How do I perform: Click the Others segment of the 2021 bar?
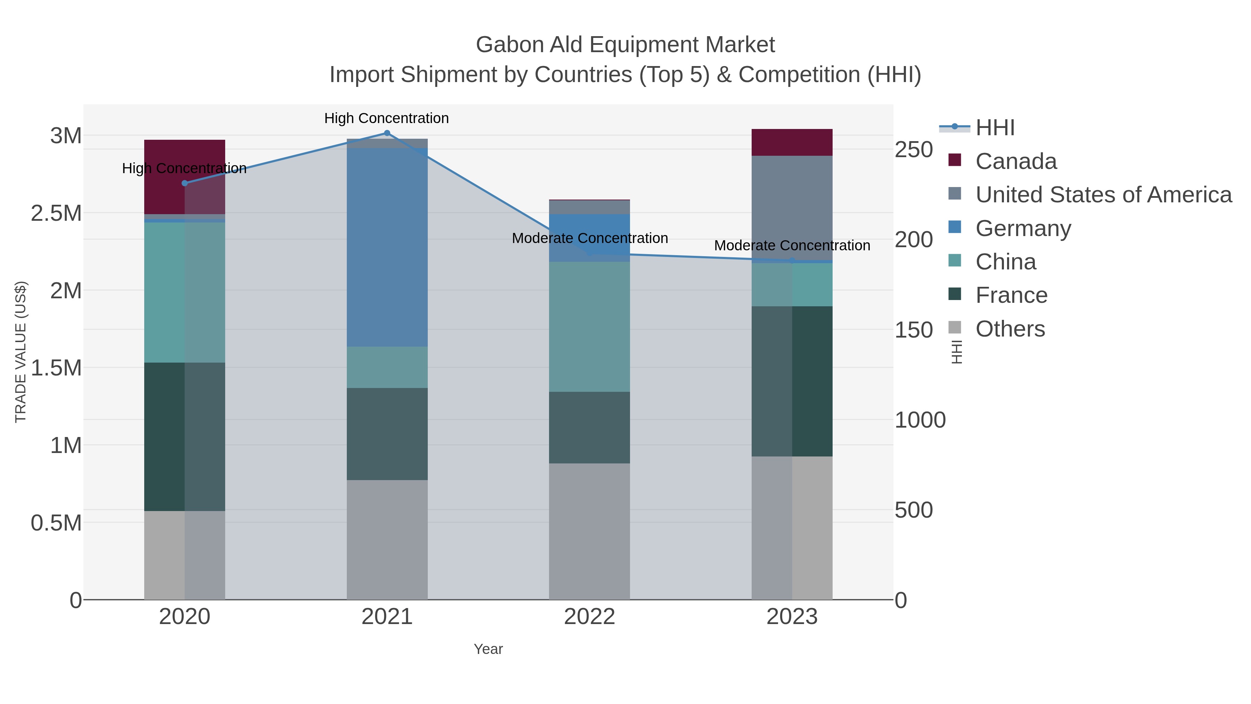(x=387, y=539)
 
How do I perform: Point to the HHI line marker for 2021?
(x=387, y=133)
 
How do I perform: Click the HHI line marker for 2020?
(x=185, y=183)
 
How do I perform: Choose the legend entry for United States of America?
(x=1102, y=195)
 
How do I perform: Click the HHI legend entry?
(x=995, y=128)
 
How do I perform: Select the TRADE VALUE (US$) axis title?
(x=21, y=352)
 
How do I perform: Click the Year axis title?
(x=488, y=649)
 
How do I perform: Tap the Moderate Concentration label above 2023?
(x=792, y=246)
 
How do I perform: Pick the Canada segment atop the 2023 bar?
(x=792, y=142)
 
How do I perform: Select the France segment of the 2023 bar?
(x=792, y=381)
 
